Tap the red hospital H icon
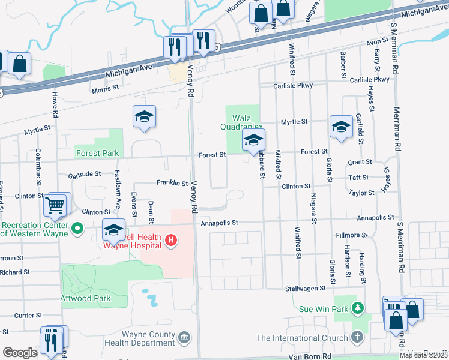171,241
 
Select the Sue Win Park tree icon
358,309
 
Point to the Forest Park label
97,153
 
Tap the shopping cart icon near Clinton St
55,206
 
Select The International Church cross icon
358,338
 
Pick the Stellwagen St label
306,288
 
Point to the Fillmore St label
351,236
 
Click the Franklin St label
172,183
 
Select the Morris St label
106,90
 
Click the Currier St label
28,315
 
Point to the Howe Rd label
55,105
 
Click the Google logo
20,353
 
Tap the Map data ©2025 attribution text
424,355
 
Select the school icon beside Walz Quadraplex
253,141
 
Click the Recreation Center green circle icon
77,228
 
